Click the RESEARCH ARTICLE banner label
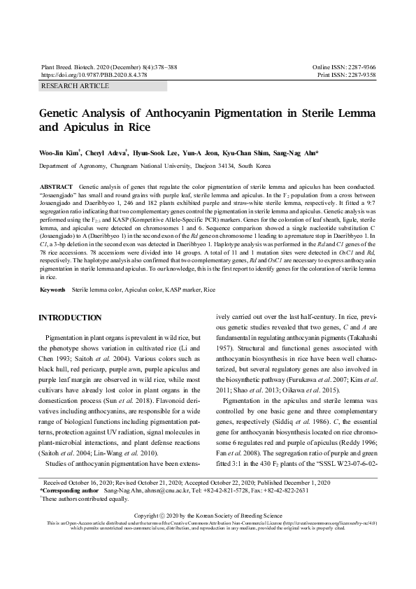(76, 86)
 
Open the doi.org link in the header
(94, 73)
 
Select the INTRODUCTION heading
(70, 318)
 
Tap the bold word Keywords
(53, 289)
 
